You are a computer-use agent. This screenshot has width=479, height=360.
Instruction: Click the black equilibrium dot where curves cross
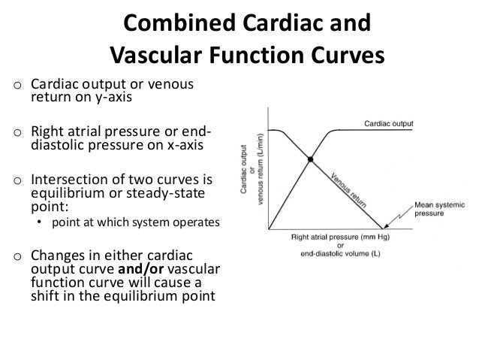pyautogui.click(x=309, y=159)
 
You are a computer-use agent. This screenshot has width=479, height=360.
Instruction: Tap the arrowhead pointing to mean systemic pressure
pyautogui.click(x=385, y=227)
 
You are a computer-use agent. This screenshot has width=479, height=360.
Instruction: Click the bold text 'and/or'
pyautogui.click(x=131, y=269)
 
